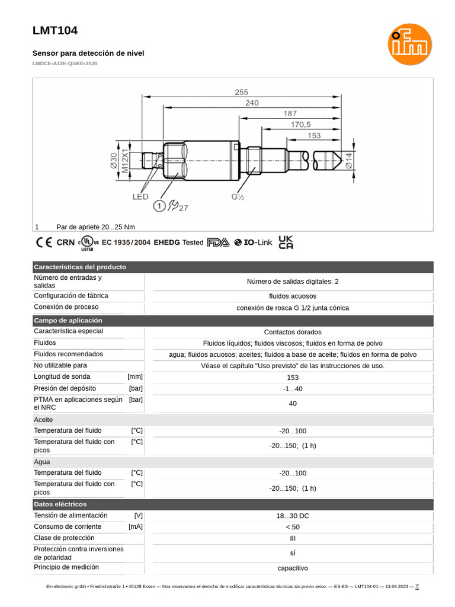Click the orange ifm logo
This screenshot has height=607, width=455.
[x=410, y=44]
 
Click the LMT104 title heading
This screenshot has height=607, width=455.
[x=55, y=31]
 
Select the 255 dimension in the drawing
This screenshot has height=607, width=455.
[x=241, y=92]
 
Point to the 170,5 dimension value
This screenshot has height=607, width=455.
[x=300, y=124]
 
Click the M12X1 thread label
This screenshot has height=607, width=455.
[x=125, y=161]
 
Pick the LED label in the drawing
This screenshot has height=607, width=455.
[x=140, y=196]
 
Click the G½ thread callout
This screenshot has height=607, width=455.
[x=238, y=196]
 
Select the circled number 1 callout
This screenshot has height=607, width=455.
[x=159, y=206]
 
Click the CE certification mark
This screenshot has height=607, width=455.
[x=44, y=242]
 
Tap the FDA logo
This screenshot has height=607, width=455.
[x=217, y=242]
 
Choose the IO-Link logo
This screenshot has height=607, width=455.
[x=253, y=242]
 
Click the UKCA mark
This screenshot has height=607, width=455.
[x=286, y=242]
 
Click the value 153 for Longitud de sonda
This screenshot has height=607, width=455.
[x=293, y=378]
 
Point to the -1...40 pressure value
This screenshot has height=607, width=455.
[x=293, y=389]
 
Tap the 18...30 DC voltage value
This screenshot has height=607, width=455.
[x=293, y=516]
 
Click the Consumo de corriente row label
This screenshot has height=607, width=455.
[x=68, y=526]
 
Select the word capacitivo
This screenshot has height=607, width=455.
[x=293, y=568]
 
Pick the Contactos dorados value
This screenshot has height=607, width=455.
[x=293, y=332]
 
